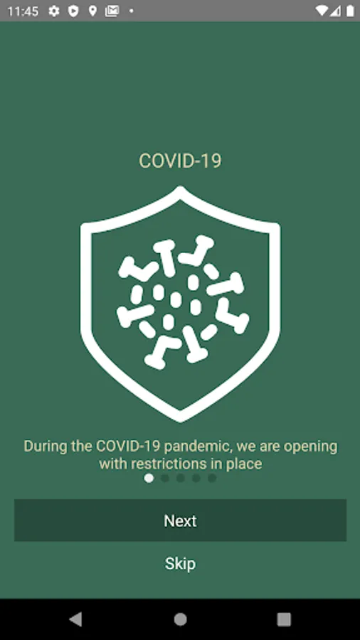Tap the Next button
[180, 521]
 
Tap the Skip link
[180, 564]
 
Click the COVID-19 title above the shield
[180, 161]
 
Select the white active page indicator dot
[149, 478]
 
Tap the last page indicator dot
[212, 478]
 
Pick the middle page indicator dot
[181, 478]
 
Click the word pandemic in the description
[198, 447]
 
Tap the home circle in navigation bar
[180, 619]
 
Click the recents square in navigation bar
[284, 619]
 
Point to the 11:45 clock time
[23, 11]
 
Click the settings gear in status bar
[54, 11]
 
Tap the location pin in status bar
[92, 11]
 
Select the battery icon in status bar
[350, 11]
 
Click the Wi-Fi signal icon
[322, 11]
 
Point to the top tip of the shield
[180, 187]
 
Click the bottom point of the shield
[180, 421]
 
